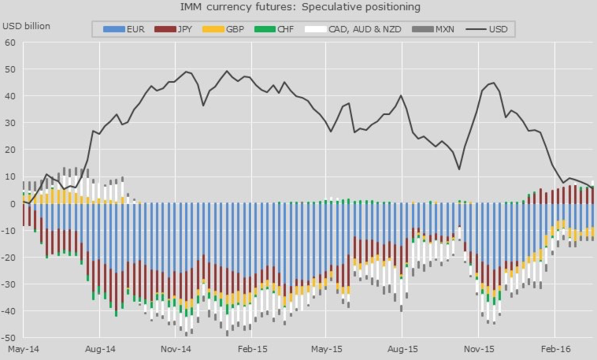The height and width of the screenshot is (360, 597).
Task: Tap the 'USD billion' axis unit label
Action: (x=26, y=26)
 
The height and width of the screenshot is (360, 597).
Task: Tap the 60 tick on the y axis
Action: (x=11, y=43)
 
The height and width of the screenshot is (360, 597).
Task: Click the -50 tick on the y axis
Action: (x=9, y=338)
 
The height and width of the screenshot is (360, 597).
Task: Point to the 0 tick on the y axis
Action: (x=13, y=204)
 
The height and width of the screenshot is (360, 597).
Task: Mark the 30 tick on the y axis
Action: (x=11, y=124)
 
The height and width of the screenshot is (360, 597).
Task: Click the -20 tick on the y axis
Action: (x=9, y=258)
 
